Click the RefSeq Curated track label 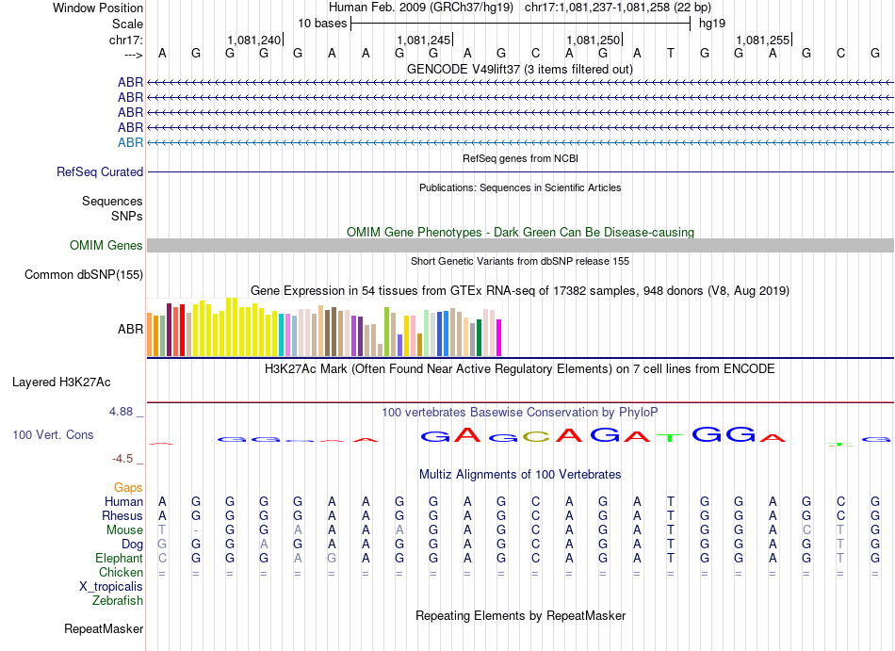pos(100,172)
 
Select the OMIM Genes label pos(106,246)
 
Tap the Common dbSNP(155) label pos(84,275)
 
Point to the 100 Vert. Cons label pos(53,435)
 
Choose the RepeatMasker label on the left pos(104,628)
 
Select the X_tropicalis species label pos(111,587)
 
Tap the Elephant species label pos(118,559)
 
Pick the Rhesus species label pos(122,516)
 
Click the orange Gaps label pos(128,488)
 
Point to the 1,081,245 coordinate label pos(423,41)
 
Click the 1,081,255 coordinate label pos(762,41)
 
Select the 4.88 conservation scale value pos(125,412)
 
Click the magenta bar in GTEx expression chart pos(499,338)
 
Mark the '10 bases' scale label pos(322,23)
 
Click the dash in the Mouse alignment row pos(196,530)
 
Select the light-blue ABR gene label pos(130,142)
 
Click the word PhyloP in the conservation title pos(639,413)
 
